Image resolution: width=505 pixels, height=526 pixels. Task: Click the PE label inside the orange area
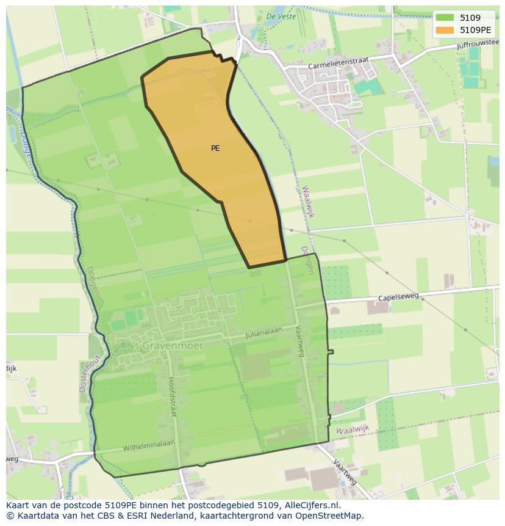point(215,148)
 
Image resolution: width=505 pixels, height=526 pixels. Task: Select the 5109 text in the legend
point(470,18)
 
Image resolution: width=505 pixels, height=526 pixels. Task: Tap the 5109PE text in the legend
point(475,30)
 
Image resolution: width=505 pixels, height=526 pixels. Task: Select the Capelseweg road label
point(398,297)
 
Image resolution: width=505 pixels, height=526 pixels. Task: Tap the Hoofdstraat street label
point(171,396)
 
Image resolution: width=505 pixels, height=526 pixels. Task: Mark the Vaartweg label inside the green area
point(300,340)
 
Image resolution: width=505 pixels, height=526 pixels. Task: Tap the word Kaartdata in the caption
point(35,516)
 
